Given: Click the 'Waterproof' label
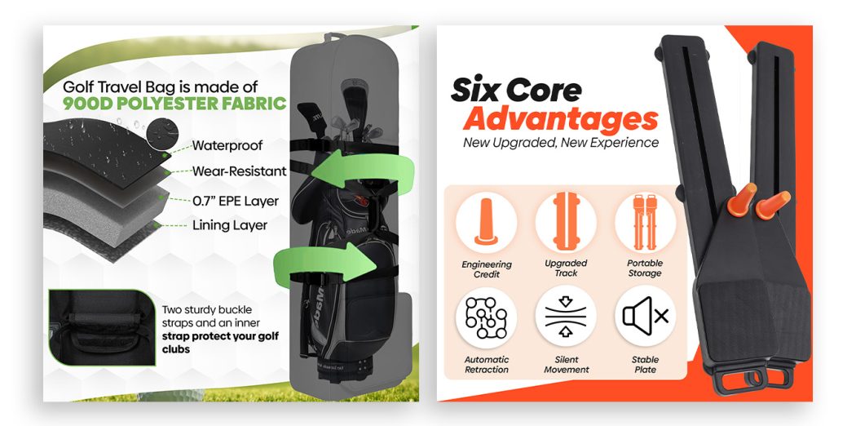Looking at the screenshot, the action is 227,146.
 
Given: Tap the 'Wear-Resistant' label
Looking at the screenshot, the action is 239,171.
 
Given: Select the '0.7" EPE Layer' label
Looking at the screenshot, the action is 236,201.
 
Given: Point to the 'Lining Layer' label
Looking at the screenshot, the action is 230,225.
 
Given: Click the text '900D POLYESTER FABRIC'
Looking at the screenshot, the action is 174,103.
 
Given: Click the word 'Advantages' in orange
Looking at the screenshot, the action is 561,120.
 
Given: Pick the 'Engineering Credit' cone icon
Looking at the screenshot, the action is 486,222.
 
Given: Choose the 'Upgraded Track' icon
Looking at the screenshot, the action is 566,222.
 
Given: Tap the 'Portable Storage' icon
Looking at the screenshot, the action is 646,222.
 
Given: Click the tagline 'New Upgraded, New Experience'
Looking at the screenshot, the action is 561,143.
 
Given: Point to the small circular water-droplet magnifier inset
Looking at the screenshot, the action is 163,134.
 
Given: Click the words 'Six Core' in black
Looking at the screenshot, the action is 516,90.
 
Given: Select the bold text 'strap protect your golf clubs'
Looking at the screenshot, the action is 220,343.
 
